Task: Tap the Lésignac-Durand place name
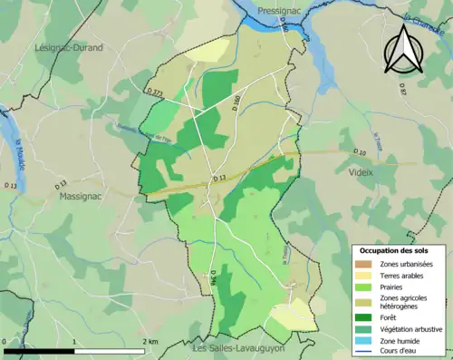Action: pos(68,47)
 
